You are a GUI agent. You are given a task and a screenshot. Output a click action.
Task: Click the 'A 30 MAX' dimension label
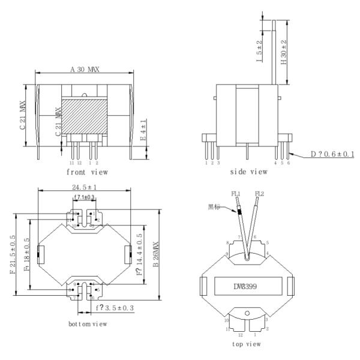coord(84,70)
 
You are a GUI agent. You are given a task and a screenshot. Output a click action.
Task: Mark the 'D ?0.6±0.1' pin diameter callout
coord(332,155)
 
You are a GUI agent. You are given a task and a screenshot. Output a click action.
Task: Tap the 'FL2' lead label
coord(260,193)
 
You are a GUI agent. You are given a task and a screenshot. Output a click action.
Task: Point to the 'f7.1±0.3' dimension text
coord(85,197)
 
